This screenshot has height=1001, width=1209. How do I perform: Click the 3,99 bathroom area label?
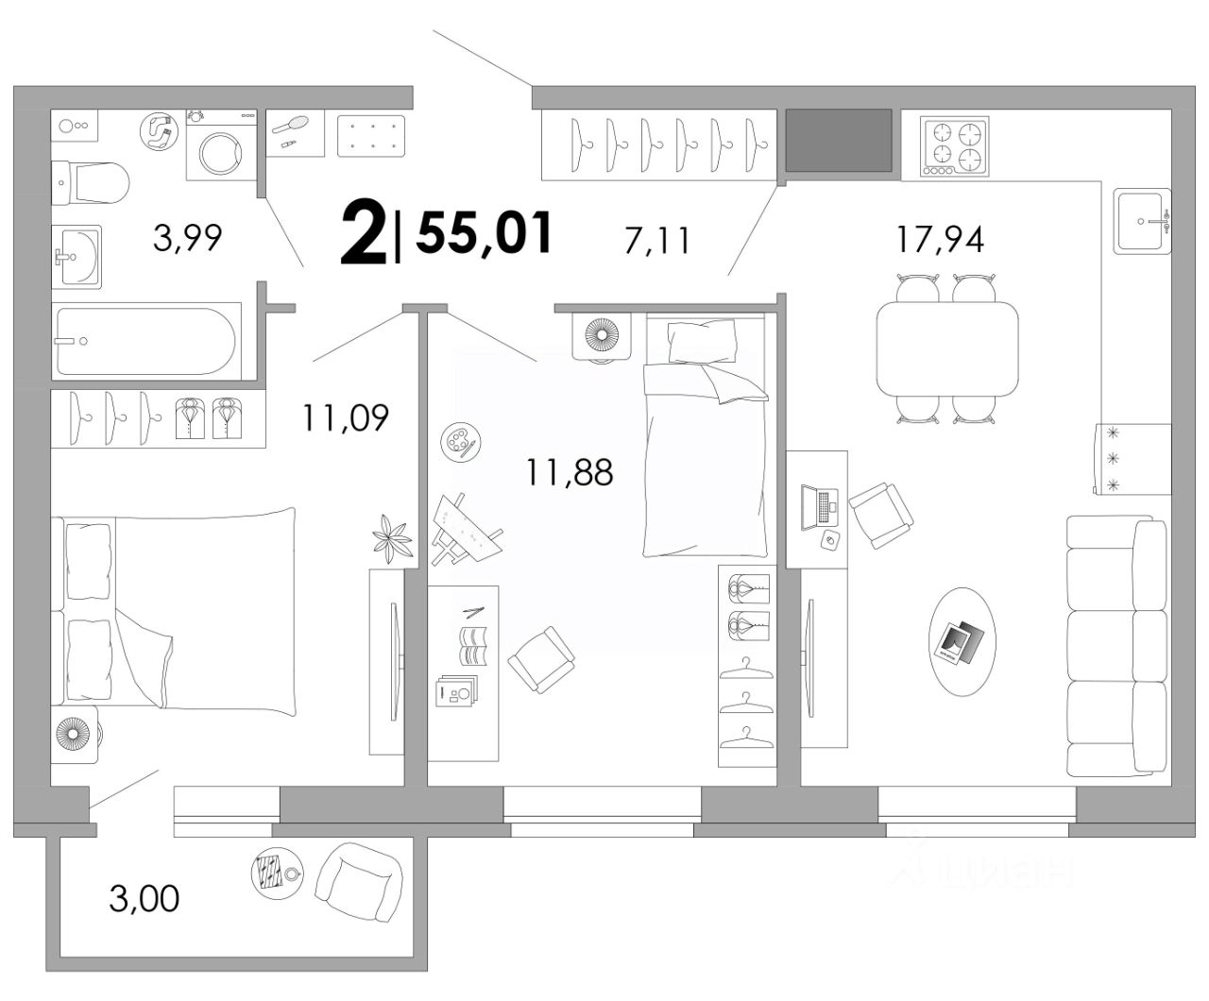187,238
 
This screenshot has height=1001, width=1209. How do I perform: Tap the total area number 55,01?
484,232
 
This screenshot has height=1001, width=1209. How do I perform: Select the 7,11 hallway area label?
657,241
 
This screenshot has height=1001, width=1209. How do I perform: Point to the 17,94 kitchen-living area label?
940,239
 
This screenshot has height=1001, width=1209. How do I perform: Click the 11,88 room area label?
570,471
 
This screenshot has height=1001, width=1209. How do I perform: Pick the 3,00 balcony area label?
145,899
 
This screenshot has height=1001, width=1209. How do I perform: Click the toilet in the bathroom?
90,182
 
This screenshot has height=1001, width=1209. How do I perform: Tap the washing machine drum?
221,153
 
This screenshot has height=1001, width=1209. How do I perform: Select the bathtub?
145,341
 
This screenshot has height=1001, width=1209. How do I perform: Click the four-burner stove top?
954,145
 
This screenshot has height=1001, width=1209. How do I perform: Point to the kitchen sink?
1142,221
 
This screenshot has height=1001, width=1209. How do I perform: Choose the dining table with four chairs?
946,349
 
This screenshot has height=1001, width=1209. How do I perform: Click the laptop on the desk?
819,508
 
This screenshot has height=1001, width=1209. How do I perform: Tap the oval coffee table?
962,641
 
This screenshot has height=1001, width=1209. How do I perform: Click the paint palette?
460,442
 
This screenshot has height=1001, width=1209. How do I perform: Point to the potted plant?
392,538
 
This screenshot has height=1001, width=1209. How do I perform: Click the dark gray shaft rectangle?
838,140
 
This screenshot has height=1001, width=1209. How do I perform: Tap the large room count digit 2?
364,232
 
